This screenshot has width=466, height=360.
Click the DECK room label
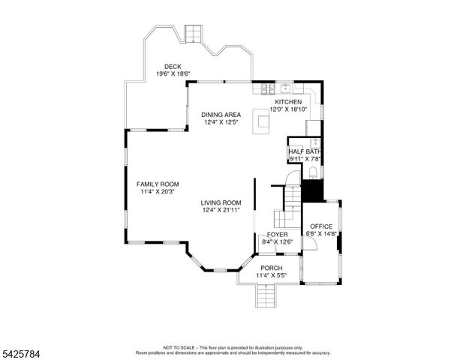click(173, 67)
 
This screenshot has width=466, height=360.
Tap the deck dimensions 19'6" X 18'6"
click(173, 74)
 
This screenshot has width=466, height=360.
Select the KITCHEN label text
click(288, 102)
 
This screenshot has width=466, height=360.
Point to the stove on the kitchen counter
click(267, 89)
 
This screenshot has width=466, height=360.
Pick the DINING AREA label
click(221, 115)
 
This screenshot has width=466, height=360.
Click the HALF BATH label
click(305, 152)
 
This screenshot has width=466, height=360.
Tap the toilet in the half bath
click(313, 174)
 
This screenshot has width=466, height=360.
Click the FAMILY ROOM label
click(158, 184)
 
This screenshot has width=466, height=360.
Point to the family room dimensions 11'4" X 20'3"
click(158, 192)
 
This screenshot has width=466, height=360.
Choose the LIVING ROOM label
click(221, 202)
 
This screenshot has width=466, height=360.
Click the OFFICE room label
click(321, 226)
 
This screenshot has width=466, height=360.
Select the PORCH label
click(271, 268)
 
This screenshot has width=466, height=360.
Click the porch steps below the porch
click(266, 298)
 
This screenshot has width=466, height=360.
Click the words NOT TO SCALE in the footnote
click(179, 347)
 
